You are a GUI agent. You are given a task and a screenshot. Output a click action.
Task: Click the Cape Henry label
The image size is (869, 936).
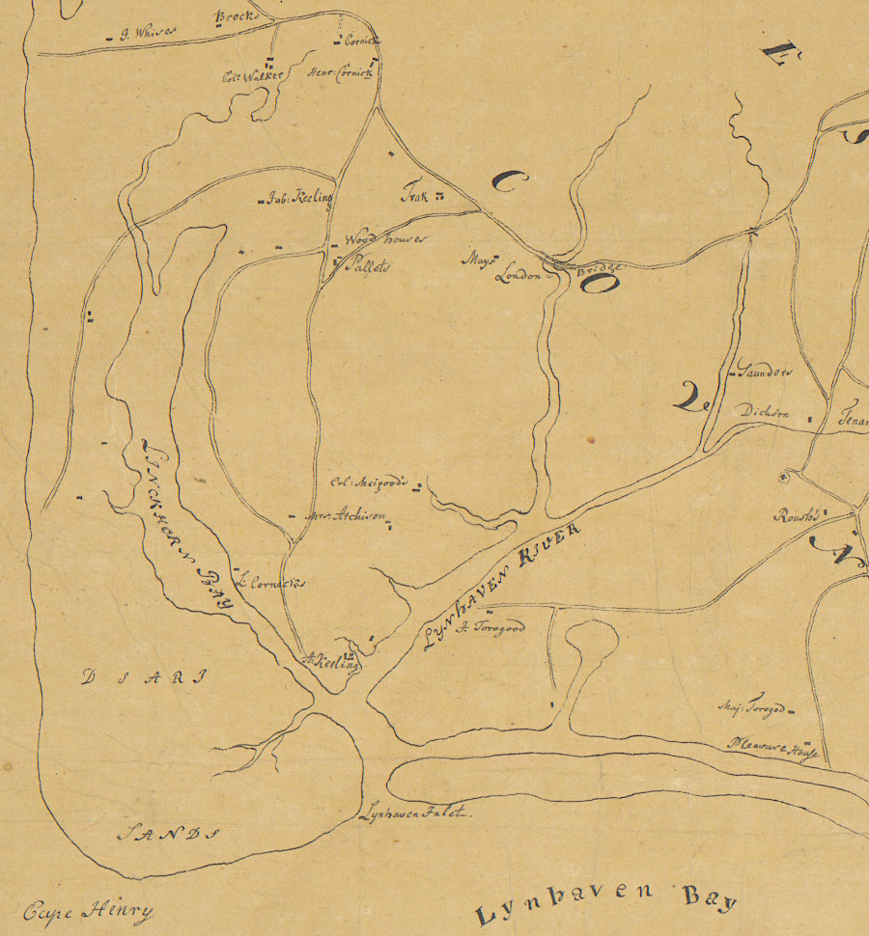coord(89,910)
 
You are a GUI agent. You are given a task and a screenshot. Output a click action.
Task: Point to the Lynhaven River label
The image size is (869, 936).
coord(502,588)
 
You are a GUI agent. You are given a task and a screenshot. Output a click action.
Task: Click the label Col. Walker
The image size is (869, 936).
coord(253,75)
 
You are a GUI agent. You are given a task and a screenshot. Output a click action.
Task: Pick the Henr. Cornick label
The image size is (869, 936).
coord(338,75)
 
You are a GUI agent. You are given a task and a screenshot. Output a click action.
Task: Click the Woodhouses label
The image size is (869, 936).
coord(384,239)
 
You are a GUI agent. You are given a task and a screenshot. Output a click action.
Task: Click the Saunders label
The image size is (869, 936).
coord(764,371)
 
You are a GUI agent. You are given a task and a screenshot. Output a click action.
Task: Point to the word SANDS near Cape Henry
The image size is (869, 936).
coord(169,833)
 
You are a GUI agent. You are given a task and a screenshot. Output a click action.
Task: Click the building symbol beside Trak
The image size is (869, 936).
coord(438,197)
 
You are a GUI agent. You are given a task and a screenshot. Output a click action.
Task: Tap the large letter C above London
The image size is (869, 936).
coord(512,179)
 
